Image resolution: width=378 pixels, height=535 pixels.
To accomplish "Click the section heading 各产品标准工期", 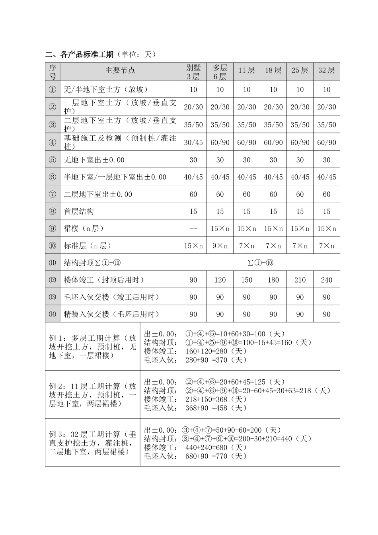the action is point(80,55).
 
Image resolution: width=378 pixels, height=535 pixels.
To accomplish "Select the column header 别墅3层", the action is point(193,72).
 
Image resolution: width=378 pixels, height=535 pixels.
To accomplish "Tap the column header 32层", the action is point(327,71).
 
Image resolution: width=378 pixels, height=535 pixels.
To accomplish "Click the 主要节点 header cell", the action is point(120,71).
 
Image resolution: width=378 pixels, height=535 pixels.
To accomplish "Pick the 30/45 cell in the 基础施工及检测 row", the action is point(193,143).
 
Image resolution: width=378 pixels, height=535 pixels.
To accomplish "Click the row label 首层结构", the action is point(79,211).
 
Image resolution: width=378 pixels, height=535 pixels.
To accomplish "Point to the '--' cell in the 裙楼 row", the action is point(193,228).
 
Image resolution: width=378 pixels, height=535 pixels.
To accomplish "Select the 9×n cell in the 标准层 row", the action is point(220,246).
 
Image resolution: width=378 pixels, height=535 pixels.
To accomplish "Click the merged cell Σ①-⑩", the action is point(260,263).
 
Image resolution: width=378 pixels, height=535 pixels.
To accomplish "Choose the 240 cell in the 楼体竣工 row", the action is point(327,280).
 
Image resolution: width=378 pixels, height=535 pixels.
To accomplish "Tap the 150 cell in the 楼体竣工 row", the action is point(247,280).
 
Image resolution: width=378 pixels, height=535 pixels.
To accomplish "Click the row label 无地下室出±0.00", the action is point(94,160).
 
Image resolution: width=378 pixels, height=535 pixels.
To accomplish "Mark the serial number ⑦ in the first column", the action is point(53,194).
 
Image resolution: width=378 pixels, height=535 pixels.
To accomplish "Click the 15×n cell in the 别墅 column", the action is point(193,246).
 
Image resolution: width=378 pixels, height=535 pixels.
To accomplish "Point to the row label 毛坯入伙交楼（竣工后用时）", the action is point(112,297).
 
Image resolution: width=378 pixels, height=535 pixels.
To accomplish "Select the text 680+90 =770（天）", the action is point(216,456).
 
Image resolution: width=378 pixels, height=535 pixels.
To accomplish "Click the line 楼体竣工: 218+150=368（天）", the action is point(196,399).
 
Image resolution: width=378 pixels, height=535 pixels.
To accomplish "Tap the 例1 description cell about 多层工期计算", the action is point(92,347).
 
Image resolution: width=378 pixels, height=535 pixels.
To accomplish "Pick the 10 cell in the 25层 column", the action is point(300,90).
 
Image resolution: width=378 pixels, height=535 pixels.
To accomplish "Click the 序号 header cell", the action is point(53,72).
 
